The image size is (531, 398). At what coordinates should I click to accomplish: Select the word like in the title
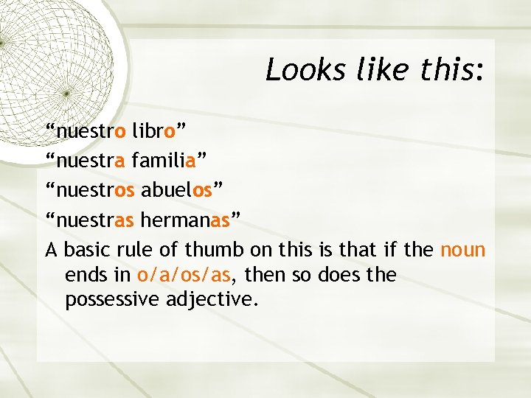click(381, 70)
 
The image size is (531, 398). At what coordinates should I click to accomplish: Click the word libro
click(154, 132)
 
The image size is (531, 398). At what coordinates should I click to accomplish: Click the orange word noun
click(462, 250)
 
